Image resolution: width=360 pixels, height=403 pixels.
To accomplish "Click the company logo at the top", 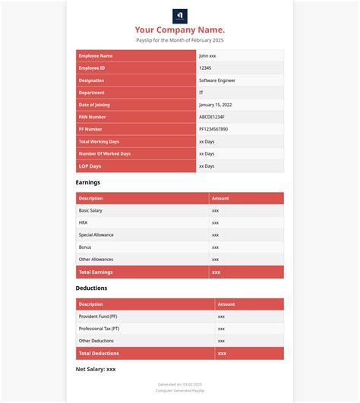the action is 180,16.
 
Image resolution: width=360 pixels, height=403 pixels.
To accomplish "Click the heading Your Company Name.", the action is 180,30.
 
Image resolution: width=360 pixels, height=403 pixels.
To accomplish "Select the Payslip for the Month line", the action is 180,40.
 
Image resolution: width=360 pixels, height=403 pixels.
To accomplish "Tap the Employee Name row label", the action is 96,56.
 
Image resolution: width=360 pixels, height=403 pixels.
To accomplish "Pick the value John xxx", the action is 208,56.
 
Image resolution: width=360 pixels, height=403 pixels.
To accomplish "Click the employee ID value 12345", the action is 205,68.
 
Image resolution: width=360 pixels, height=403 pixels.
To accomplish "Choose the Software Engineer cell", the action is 218,80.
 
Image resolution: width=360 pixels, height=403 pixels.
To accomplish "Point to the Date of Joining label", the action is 97,105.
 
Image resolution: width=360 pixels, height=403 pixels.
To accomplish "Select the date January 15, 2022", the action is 216,105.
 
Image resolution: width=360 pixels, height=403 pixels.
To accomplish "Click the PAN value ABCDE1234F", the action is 212,117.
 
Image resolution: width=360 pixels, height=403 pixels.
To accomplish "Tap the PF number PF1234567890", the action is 213,129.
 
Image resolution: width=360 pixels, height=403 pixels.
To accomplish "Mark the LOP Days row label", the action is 90,165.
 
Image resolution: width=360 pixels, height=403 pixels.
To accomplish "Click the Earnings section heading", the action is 87,183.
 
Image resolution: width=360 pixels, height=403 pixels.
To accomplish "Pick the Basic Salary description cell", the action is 90,210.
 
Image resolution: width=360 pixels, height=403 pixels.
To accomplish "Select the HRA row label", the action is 83,222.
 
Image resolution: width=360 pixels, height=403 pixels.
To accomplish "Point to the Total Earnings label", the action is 96,272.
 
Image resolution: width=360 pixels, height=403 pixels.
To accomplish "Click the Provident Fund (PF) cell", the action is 98,316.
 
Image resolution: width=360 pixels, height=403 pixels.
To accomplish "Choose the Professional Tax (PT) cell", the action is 99,329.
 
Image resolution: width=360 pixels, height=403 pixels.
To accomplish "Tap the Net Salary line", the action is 96,369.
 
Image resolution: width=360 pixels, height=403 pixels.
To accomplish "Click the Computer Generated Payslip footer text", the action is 180,390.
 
